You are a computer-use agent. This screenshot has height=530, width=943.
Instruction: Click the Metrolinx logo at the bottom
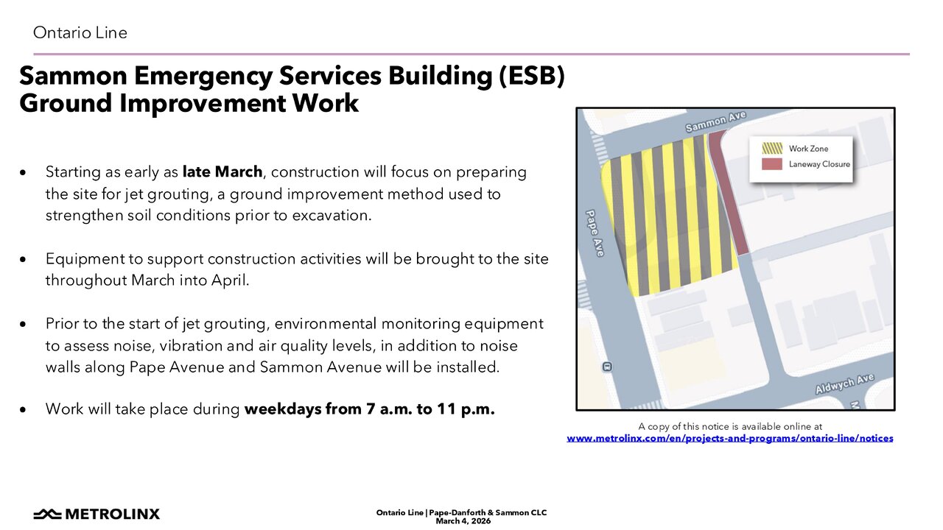[97, 514]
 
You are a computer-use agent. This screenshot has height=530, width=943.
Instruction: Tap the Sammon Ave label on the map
[715, 121]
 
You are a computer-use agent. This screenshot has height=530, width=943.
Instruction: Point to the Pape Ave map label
[595, 233]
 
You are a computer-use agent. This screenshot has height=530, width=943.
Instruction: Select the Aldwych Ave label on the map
[845, 384]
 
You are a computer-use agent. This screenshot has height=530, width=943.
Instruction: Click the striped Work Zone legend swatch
[772, 148]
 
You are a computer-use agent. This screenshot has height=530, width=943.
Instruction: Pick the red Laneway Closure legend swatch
[772, 164]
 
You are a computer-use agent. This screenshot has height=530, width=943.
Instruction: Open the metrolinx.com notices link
[730, 438]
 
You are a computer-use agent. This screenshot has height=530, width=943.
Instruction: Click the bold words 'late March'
[222, 172]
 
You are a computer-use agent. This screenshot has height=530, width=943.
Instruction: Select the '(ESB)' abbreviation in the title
[532, 76]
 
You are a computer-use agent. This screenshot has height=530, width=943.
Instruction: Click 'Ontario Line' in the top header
[80, 32]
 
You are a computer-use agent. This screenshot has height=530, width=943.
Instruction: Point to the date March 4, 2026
[463, 521]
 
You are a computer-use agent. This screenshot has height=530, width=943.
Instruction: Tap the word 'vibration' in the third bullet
[186, 345]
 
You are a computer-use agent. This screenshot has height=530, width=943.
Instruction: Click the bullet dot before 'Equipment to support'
[23, 259]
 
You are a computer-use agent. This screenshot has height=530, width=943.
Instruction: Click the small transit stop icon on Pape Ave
[607, 367]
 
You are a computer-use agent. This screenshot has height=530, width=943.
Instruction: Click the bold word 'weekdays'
[283, 409]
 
